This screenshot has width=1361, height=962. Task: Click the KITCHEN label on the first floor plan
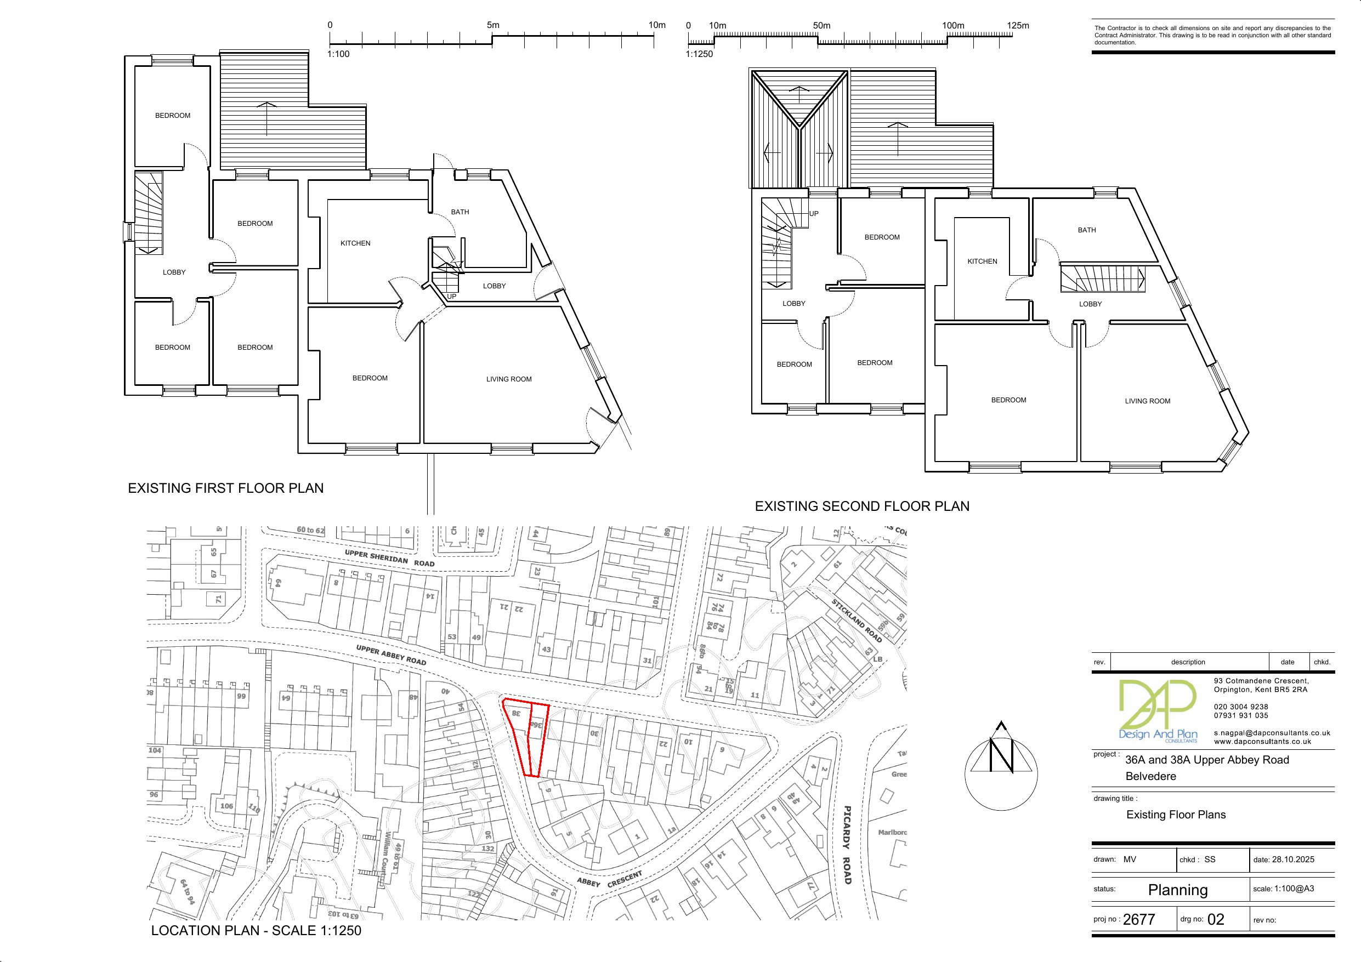(x=355, y=243)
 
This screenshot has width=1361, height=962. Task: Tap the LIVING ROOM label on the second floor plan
(x=1147, y=401)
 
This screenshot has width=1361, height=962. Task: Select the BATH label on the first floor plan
(x=460, y=212)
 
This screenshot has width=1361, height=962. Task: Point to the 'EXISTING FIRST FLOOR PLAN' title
(x=226, y=488)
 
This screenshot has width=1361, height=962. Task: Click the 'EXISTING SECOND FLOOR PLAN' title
(x=862, y=506)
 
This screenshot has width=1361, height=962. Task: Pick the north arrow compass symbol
(x=1001, y=765)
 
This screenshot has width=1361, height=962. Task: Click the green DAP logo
(x=1156, y=711)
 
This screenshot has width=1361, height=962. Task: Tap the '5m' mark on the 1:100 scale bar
(x=492, y=25)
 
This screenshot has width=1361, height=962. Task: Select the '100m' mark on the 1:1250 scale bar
(x=952, y=25)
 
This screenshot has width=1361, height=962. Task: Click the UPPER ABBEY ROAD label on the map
(x=391, y=655)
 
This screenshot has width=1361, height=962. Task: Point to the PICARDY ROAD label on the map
(x=847, y=845)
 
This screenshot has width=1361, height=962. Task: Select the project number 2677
(x=1139, y=919)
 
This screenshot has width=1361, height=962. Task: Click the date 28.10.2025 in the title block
(x=1293, y=859)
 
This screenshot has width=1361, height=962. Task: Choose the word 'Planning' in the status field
(x=1177, y=890)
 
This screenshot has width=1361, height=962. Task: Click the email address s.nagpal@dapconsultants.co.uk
(x=1272, y=733)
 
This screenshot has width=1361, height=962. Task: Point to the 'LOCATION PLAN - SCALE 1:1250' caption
(x=256, y=931)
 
